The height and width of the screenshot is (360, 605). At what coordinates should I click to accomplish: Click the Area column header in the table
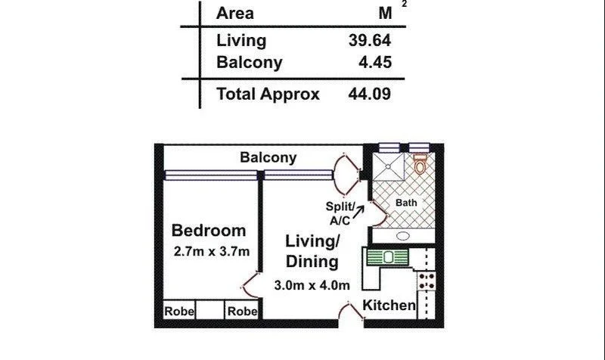235,13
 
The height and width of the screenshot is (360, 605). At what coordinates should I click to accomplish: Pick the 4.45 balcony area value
374,62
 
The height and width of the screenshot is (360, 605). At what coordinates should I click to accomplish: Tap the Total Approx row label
268,95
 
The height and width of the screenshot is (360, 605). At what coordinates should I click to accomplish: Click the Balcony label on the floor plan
268,158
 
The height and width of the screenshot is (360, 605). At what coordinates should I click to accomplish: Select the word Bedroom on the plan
209,231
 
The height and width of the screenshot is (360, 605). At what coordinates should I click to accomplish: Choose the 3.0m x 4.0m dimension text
312,285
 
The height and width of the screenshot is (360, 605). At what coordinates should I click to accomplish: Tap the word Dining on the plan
312,262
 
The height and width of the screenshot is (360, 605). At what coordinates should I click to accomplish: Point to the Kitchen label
389,306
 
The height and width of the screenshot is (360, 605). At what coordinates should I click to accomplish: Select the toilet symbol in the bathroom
420,163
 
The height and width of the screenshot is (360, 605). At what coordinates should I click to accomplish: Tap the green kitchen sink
388,257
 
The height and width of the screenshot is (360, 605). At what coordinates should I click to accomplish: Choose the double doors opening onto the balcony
349,172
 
